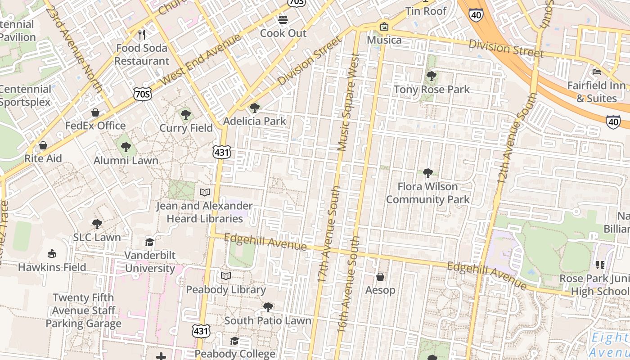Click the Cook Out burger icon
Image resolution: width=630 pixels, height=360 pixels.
(x=283, y=20)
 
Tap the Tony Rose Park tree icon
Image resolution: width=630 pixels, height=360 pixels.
(x=431, y=76)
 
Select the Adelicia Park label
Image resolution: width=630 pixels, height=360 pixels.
(x=255, y=121)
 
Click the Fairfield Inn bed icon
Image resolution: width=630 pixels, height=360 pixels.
(x=597, y=72)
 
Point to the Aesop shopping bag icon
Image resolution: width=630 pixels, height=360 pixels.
(x=380, y=276)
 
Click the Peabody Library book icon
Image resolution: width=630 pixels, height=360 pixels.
(x=226, y=276)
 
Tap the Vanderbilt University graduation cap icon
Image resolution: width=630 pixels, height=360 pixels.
(x=149, y=243)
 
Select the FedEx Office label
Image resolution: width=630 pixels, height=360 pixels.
(x=95, y=126)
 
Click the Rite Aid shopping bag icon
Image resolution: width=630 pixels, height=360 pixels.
(x=43, y=145)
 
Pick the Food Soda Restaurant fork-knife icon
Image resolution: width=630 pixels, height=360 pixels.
(x=142, y=34)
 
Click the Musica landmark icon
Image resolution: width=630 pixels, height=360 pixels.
(x=384, y=27)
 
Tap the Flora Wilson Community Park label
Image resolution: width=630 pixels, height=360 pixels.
(x=427, y=193)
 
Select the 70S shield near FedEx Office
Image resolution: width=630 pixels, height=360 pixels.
(x=142, y=94)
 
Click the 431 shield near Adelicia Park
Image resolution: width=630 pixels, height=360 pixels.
(x=222, y=152)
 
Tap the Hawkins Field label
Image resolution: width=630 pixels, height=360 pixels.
(x=52, y=267)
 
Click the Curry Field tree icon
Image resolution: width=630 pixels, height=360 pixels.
(x=185, y=115)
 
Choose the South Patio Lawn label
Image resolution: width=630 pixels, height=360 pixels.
(x=268, y=321)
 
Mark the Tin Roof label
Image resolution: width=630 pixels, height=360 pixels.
(x=426, y=11)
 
